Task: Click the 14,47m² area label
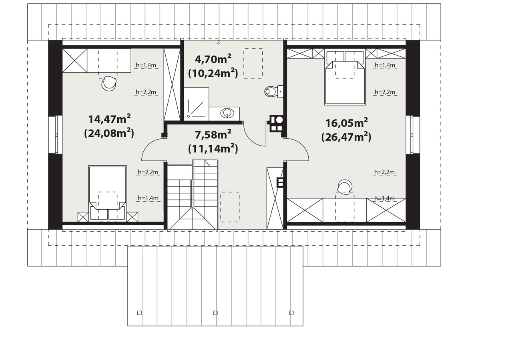pyautogui.click(x=109, y=119)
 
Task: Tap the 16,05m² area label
pyautogui.click(x=347, y=123)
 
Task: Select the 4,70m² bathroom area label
pyautogui.click(x=213, y=59)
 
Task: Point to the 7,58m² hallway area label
pyautogui.click(x=213, y=134)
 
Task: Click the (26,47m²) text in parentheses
pyautogui.click(x=346, y=137)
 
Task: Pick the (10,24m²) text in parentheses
pyautogui.click(x=213, y=73)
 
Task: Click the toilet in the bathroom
pyautogui.click(x=274, y=92)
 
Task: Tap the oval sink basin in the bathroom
pyautogui.click(x=227, y=113)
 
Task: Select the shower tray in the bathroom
pyautogui.click(x=196, y=104)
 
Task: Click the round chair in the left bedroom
pyautogui.click(x=109, y=83)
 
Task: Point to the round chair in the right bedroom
pyautogui.click(x=345, y=187)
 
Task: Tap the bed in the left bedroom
pyautogui.click(x=107, y=193)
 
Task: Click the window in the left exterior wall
pyautogui.click(x=56, y=134)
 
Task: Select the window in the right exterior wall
pyautogui.click(x=413, y=134)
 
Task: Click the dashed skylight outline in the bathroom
pyautogui.click(x=253, y=63)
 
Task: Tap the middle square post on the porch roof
pyautogui.click(x=215, y=313)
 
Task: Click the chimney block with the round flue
pyautogui.click(x=277, y=124)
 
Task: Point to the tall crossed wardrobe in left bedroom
pyautogui.click(x=172, y=84)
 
